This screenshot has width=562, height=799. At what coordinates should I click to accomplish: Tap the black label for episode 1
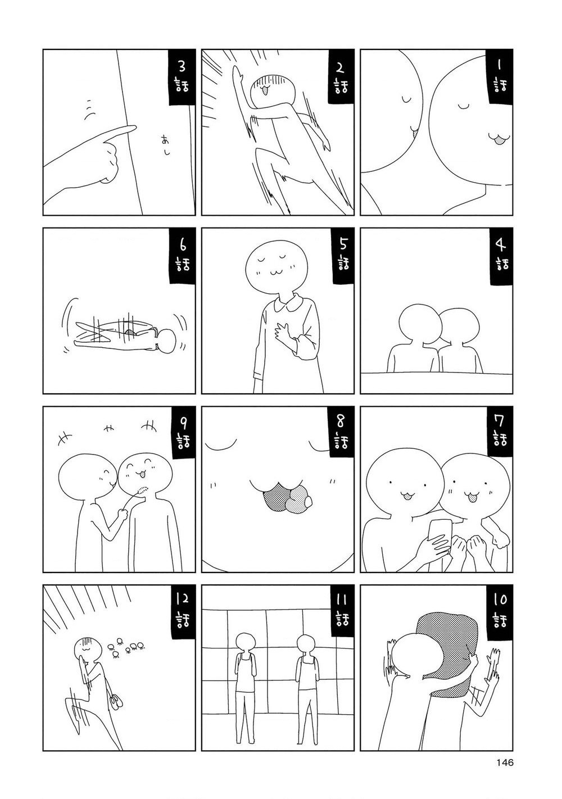(x=498, y=76)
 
